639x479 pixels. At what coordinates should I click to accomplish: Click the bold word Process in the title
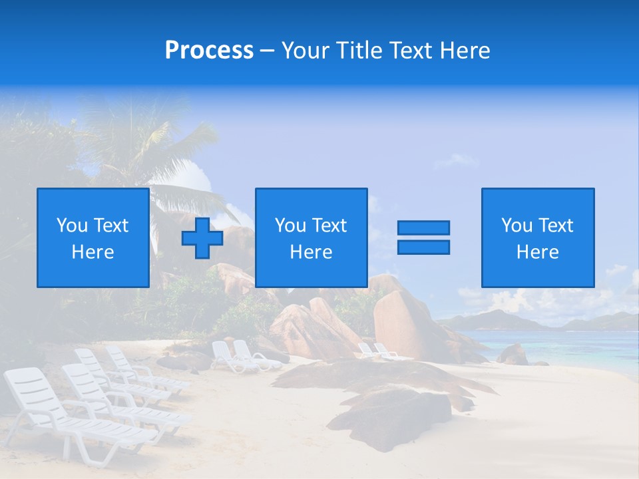[x=209, y=51]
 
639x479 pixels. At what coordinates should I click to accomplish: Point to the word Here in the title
[x=464, y=51]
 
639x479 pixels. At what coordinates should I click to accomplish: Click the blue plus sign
[x=202, y=238]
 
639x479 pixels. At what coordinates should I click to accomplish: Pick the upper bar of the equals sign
[x=423, y=228]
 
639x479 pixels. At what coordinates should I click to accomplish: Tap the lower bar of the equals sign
[x=423, y=247]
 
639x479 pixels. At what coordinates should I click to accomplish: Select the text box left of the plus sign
[x=93, y=238]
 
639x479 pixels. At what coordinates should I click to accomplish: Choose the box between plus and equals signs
[x=311, y=238]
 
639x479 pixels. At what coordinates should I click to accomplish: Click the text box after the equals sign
[x=537, y=238]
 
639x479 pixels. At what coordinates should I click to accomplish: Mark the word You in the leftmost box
[x=71, y=226]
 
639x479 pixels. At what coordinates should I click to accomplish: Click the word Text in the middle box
[x=329, y=226]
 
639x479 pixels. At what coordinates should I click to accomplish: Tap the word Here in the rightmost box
[x=537, y=252]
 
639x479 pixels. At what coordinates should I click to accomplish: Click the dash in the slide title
[x=268, y=51]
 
